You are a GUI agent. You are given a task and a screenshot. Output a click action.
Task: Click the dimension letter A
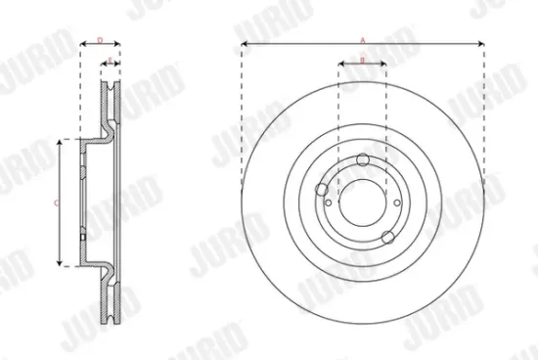coord(363,39)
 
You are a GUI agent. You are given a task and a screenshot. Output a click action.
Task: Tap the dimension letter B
coord(362,61)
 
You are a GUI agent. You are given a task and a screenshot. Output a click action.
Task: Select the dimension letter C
coord(56,202)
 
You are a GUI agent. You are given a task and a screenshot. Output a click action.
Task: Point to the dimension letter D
coord(100,39)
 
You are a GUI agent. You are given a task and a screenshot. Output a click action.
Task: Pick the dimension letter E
coord(111,61)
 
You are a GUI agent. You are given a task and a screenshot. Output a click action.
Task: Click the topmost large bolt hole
coord(364,160)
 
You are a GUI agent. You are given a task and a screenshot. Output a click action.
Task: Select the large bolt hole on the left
coord(323,190)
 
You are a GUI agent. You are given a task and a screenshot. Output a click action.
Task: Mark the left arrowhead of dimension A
coord(245,44)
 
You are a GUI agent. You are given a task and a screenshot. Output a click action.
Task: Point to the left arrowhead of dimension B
coord(341,66)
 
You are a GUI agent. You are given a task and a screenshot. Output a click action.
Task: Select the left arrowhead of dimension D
coord(82,44)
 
